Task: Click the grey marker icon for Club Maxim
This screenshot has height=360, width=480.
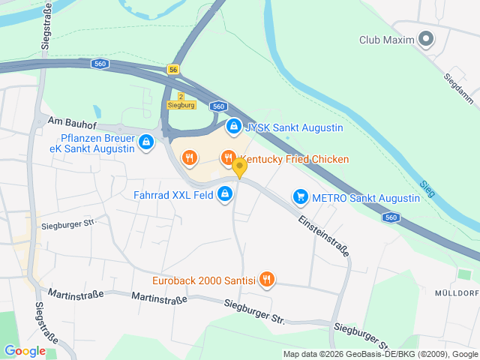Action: click(x=426, y=39)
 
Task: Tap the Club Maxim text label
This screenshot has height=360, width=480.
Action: click(x=386, y=40)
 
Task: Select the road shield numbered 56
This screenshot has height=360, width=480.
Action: click(x=174, y=69)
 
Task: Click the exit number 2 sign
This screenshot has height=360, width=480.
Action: click(x=181, y=97)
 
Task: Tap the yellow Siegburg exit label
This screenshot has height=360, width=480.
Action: click(x=181, y=106)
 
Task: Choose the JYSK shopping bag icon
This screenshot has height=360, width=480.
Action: click(x=234, y=127)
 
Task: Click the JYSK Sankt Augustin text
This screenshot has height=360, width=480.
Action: click(x=294, y=127)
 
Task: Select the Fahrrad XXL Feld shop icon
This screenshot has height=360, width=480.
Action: click(x=224, y=195)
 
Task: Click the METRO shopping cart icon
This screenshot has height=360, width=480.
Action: click(x=300, y=197)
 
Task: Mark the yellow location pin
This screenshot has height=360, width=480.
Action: click(x=239, y=167)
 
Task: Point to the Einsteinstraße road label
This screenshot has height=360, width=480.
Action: click(x=324, y=237)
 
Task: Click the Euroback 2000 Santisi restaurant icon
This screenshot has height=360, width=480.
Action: click(x=266, y=280)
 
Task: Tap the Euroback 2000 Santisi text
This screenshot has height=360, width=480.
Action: click(x=202, y=281)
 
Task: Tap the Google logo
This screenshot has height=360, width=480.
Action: click(x=25, y=350)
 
